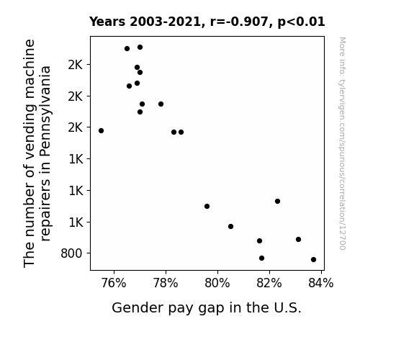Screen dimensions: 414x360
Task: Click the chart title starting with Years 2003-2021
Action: tap(207, 22)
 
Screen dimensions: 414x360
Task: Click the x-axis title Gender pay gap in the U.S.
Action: tap(207, 308)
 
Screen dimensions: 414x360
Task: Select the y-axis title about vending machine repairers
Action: tap(37, 153)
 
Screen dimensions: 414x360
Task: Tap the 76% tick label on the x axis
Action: tap(114, 283)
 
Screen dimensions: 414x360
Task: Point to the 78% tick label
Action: tap(166, 283)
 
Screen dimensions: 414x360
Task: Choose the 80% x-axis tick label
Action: tap(217, 283)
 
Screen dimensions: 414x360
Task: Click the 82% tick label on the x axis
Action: tap(269, 283)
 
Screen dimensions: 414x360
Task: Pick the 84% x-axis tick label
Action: tap(321, 283)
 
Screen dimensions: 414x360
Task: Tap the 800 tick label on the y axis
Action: tap(71, 253)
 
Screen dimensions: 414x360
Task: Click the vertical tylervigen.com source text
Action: tap(343, 143)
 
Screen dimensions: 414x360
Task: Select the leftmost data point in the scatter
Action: tap(101, 131)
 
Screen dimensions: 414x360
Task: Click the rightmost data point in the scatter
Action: tap(313, 260)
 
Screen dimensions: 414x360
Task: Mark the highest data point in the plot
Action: tap(140, 48)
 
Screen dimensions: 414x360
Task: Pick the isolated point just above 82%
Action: tap(277, 202)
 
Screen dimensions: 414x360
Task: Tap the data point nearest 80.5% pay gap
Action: tap(231, 226)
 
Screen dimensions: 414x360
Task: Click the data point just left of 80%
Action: tap(207, 207)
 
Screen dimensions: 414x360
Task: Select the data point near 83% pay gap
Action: tap(298, 240)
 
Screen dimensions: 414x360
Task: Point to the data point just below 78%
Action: tap(161, 104)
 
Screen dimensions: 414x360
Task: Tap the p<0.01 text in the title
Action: tap(301, 22)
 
